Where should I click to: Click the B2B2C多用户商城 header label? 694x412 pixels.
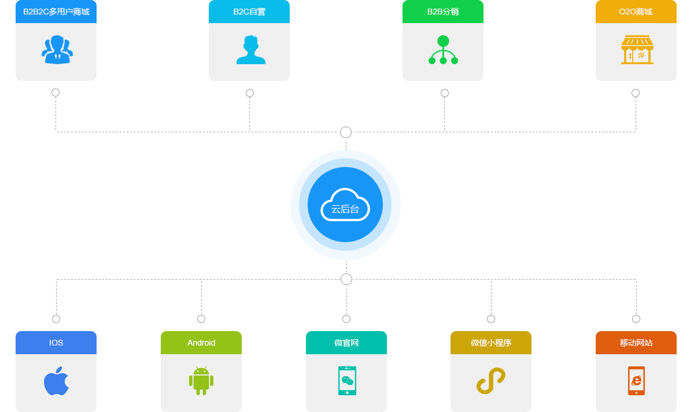pos(56,12)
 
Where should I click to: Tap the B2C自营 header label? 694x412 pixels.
pos(249,12)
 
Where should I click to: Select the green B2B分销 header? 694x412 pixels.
pos(442,12)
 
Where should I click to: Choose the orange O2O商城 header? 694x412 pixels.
pos(635,12)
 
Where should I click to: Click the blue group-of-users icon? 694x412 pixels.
pos(57,50)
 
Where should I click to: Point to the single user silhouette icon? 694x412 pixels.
pos(250,50)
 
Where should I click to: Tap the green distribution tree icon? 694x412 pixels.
pos(443,50)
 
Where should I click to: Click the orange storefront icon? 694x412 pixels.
pos(637,50)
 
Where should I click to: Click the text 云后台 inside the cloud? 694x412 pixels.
pos(345,209)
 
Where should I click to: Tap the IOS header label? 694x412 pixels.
pos(56,343)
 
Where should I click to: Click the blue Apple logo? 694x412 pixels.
pos(56,381)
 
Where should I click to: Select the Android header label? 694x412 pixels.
pos(201,343)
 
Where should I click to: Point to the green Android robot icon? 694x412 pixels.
pos(201,381)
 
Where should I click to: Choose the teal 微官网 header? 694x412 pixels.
pos(346,343)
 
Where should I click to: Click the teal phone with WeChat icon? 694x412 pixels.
pos(347,381)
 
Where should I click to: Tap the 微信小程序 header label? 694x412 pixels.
pos(490,343)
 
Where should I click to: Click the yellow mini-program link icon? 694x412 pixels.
pos(490,381)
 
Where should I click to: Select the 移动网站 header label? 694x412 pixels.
pos(636,343)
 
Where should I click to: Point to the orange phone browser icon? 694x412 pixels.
pos(636,381)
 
